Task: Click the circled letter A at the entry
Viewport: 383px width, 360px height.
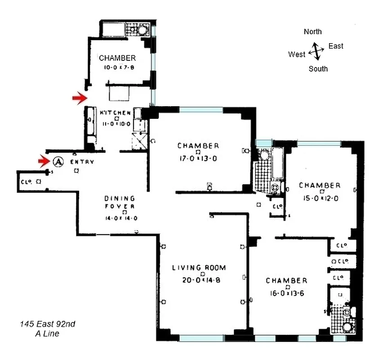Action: pos(57,161)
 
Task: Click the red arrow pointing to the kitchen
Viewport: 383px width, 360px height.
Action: pos(80,98)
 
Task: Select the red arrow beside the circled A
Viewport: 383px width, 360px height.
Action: pos(44,161)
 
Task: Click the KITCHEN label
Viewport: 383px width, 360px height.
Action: pos(115,112)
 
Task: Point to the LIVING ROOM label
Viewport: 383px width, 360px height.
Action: pos(199,268)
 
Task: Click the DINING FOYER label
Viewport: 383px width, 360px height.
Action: pos(120,202)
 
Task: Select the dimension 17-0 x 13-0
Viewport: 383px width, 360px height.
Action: pos(198,157)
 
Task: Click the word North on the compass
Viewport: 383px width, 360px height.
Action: pos(313,31)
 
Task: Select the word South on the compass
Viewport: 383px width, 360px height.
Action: pos(318,69)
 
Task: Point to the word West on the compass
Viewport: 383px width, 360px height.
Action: pos(297,54)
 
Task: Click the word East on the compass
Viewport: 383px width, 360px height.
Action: pos(336,46)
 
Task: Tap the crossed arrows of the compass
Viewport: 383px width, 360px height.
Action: pos(316,51)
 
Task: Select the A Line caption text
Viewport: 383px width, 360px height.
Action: pos(47,333)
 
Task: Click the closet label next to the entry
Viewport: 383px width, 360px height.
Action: pos(25,182)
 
